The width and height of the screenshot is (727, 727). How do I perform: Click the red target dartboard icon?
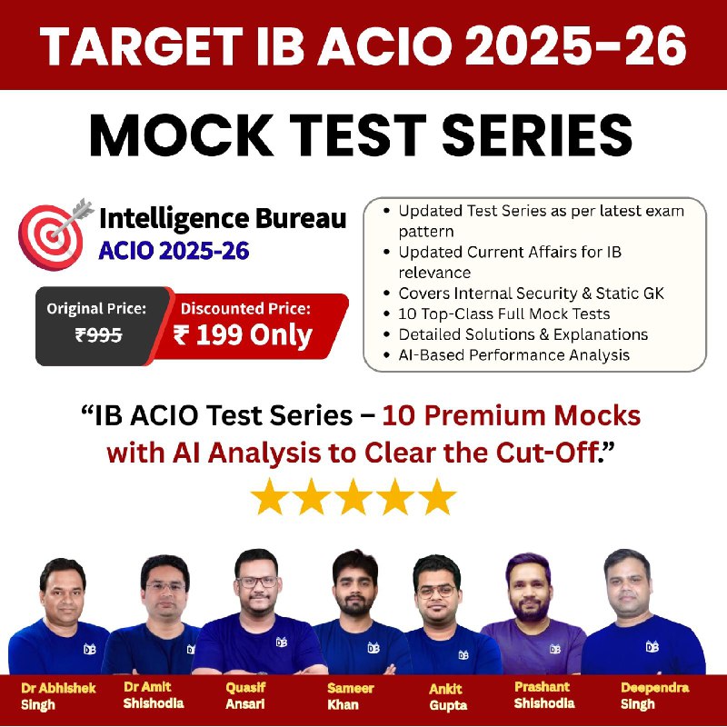pyautogui.click(x=51, y=237)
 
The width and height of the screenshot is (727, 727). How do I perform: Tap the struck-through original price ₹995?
pyautogui.click(x=98, y=334)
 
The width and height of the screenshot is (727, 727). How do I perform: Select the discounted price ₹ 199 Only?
pyautogui.click(x=243, y=334)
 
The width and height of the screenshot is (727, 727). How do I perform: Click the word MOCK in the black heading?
pyautogui.click(x=181, y=135)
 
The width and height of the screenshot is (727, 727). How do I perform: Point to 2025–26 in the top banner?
pyautogui.click(x=575, y=45)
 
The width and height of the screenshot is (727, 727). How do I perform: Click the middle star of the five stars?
pyautogui.click(x=354, y=497)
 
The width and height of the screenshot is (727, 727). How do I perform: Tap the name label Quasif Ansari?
pyautogui.click(x=245, y=695)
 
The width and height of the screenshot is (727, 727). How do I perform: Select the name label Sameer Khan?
pyautogui.click(x=350, y=696)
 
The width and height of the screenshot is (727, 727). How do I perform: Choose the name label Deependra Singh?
pyautogui.click(x=654, y=695)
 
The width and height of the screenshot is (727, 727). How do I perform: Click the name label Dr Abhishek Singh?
pyautogui.click(x=58, y=696)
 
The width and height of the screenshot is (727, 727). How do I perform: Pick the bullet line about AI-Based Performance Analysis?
pyautogui.click(x=513, y=355)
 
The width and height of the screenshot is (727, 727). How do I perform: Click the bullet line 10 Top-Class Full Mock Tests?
pyautogui.click(x=504, y=314)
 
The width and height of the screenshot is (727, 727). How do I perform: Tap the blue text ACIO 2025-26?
pyautogui.click(x=174, y=251)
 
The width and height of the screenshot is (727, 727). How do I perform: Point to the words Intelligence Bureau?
pyautogui.click(x=223, y=218)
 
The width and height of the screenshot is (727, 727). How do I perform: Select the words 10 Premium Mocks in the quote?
pyautogui.click(x=511, y=415)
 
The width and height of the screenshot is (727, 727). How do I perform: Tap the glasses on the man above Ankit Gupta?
pyautogui.click(x=436, y=592)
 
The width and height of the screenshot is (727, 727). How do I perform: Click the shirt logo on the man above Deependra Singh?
pyautogui.click(x=652, y=646)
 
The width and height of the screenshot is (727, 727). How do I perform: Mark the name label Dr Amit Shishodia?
pyautogui.click(x=154, y=695)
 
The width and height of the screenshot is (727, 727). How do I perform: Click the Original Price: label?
pyautogui.click(x=96, y=308)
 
